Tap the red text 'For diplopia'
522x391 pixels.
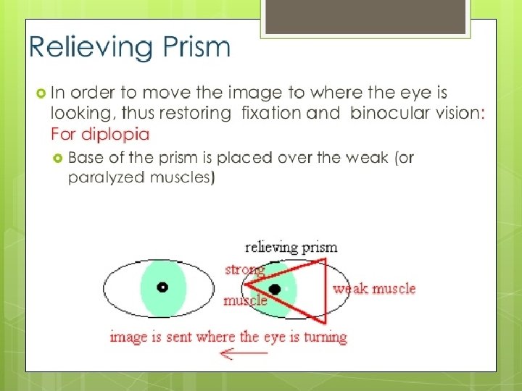100,134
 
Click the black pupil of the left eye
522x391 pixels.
162,287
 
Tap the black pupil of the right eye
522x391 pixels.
275,290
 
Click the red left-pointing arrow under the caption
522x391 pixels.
244,354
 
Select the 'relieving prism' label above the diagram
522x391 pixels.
291,247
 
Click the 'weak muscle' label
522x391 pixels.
374,289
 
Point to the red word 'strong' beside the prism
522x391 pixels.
244,270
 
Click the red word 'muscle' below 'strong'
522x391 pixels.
244,300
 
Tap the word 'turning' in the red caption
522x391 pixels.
323,337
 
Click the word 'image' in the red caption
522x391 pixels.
129,337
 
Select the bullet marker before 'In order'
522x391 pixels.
41,93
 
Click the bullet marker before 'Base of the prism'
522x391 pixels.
58,158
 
